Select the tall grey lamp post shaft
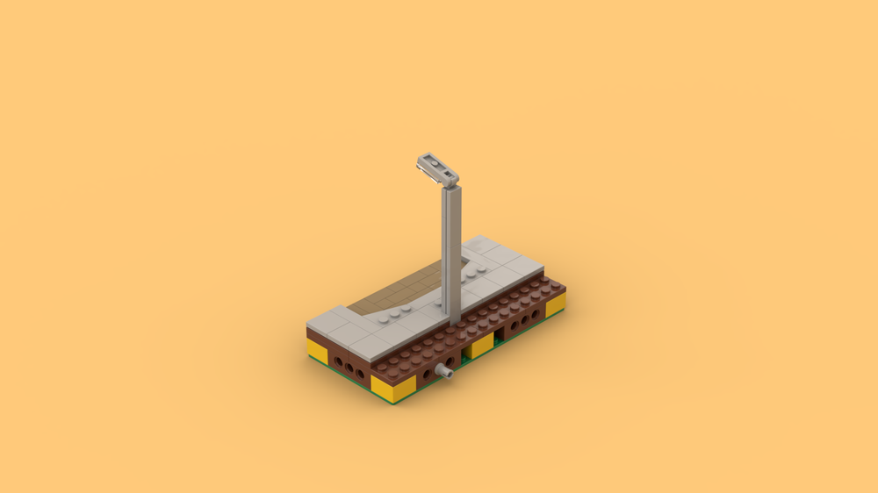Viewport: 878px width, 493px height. click(451, 254)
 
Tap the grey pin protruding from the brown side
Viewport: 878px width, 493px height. click(447, 372)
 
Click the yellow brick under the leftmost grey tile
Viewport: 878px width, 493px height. click(317, 351)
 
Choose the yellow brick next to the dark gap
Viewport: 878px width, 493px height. click(479, 346)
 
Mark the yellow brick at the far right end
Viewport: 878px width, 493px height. click(555, 304)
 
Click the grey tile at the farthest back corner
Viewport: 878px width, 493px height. click(480, 245)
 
